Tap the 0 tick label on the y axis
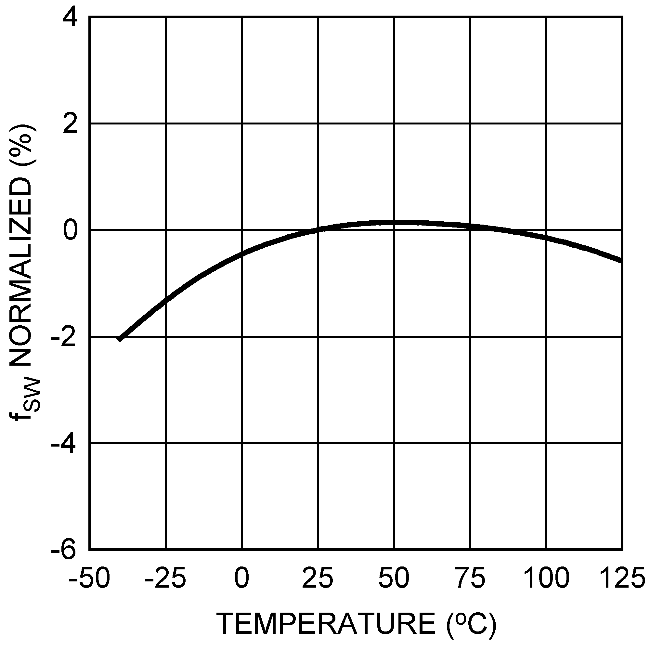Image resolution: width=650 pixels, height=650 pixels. pyautogui.click(x=70, y=231)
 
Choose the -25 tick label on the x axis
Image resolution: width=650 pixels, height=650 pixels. pyautogui.click(x=165, y=578)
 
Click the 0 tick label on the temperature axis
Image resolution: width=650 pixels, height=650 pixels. pyautogui.click(x=242, y=578)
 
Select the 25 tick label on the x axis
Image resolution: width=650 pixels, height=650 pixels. pyautogui.click(x=318, y=578)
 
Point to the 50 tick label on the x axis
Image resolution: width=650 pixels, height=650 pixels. pyautogui.click(x=394, y=578)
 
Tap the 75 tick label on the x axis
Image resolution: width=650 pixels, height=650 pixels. pyautogui.click(x=470, y=578)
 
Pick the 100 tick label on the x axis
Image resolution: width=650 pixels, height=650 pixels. pyautogui.click(x=546, y=578)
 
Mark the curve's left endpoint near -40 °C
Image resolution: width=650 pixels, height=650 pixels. pyautogui.click(x=119, y=340)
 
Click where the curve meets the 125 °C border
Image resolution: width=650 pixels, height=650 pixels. pyautogui.click(x=621, y=261)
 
